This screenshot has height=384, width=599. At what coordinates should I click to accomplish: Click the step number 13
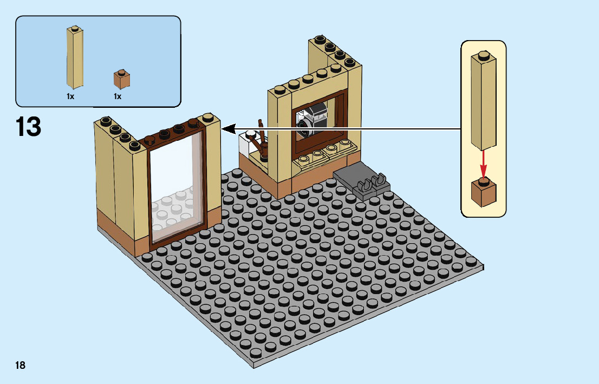(x=28, y=127)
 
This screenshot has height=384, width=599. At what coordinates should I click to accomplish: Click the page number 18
(x=20, y=365)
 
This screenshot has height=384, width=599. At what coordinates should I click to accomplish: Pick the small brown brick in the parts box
(x=122, y=80)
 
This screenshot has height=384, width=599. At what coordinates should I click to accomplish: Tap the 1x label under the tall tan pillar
(x=70, y=96)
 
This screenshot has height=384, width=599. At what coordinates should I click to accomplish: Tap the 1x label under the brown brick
(x=118, y=96)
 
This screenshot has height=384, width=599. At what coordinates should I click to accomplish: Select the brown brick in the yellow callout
(x=483, y=192)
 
